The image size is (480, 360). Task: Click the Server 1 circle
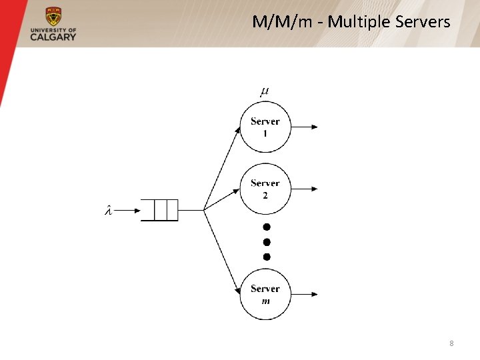[x=265, y=127]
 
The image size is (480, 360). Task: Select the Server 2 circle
[x=265, y=189]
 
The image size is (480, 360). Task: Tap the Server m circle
[x=265, y=294]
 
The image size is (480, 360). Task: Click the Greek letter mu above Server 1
[x=265, y=91]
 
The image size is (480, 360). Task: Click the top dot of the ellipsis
[x=267, y=227]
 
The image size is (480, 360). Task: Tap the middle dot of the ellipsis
[x=267, y=242]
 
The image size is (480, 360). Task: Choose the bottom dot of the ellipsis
[x=267, y=257]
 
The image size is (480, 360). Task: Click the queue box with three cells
[x=160, y=211]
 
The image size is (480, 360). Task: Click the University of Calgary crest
[x=53, y=17]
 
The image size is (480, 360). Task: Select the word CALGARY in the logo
[x=53, y=37]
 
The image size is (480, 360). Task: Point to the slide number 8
[x=451, y=343]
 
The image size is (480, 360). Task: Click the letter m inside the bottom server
[x=265, y=301]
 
